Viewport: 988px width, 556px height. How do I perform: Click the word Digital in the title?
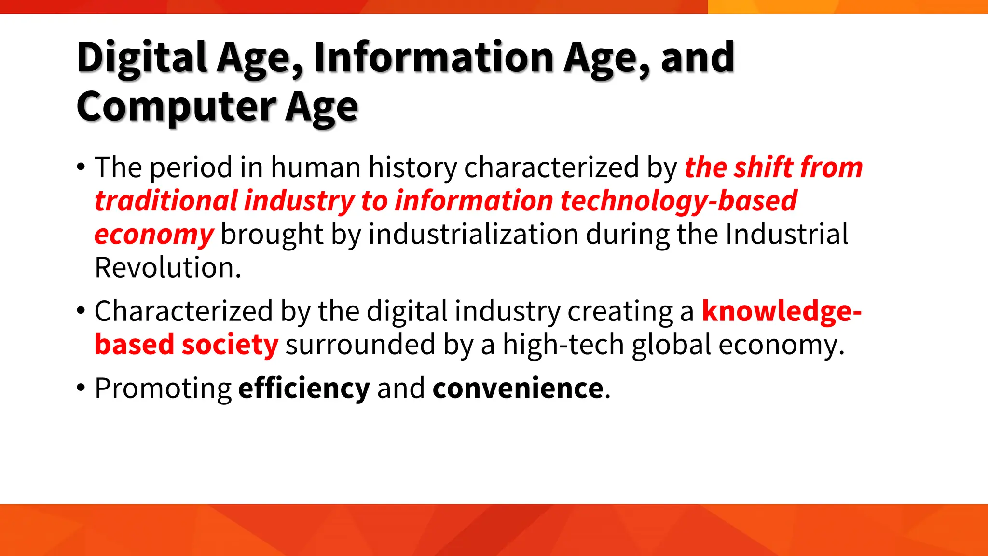pos(142,58)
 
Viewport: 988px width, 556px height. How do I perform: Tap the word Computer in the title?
pos(176,107)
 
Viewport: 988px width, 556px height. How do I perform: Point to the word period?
pos(191,168)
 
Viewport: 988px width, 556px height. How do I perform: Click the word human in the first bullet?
pos(316,168)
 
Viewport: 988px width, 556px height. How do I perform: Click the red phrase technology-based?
pos(678,201)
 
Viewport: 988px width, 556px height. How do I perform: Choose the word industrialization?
pos(473,235)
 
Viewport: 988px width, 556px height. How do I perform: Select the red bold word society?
pos(230,345)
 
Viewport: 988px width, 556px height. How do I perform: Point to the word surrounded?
pos(360,345)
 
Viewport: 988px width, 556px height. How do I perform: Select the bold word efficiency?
pos(304,389)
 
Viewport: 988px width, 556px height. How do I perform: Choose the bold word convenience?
pos(518,389)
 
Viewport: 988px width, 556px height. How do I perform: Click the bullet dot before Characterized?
pos(81,311)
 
